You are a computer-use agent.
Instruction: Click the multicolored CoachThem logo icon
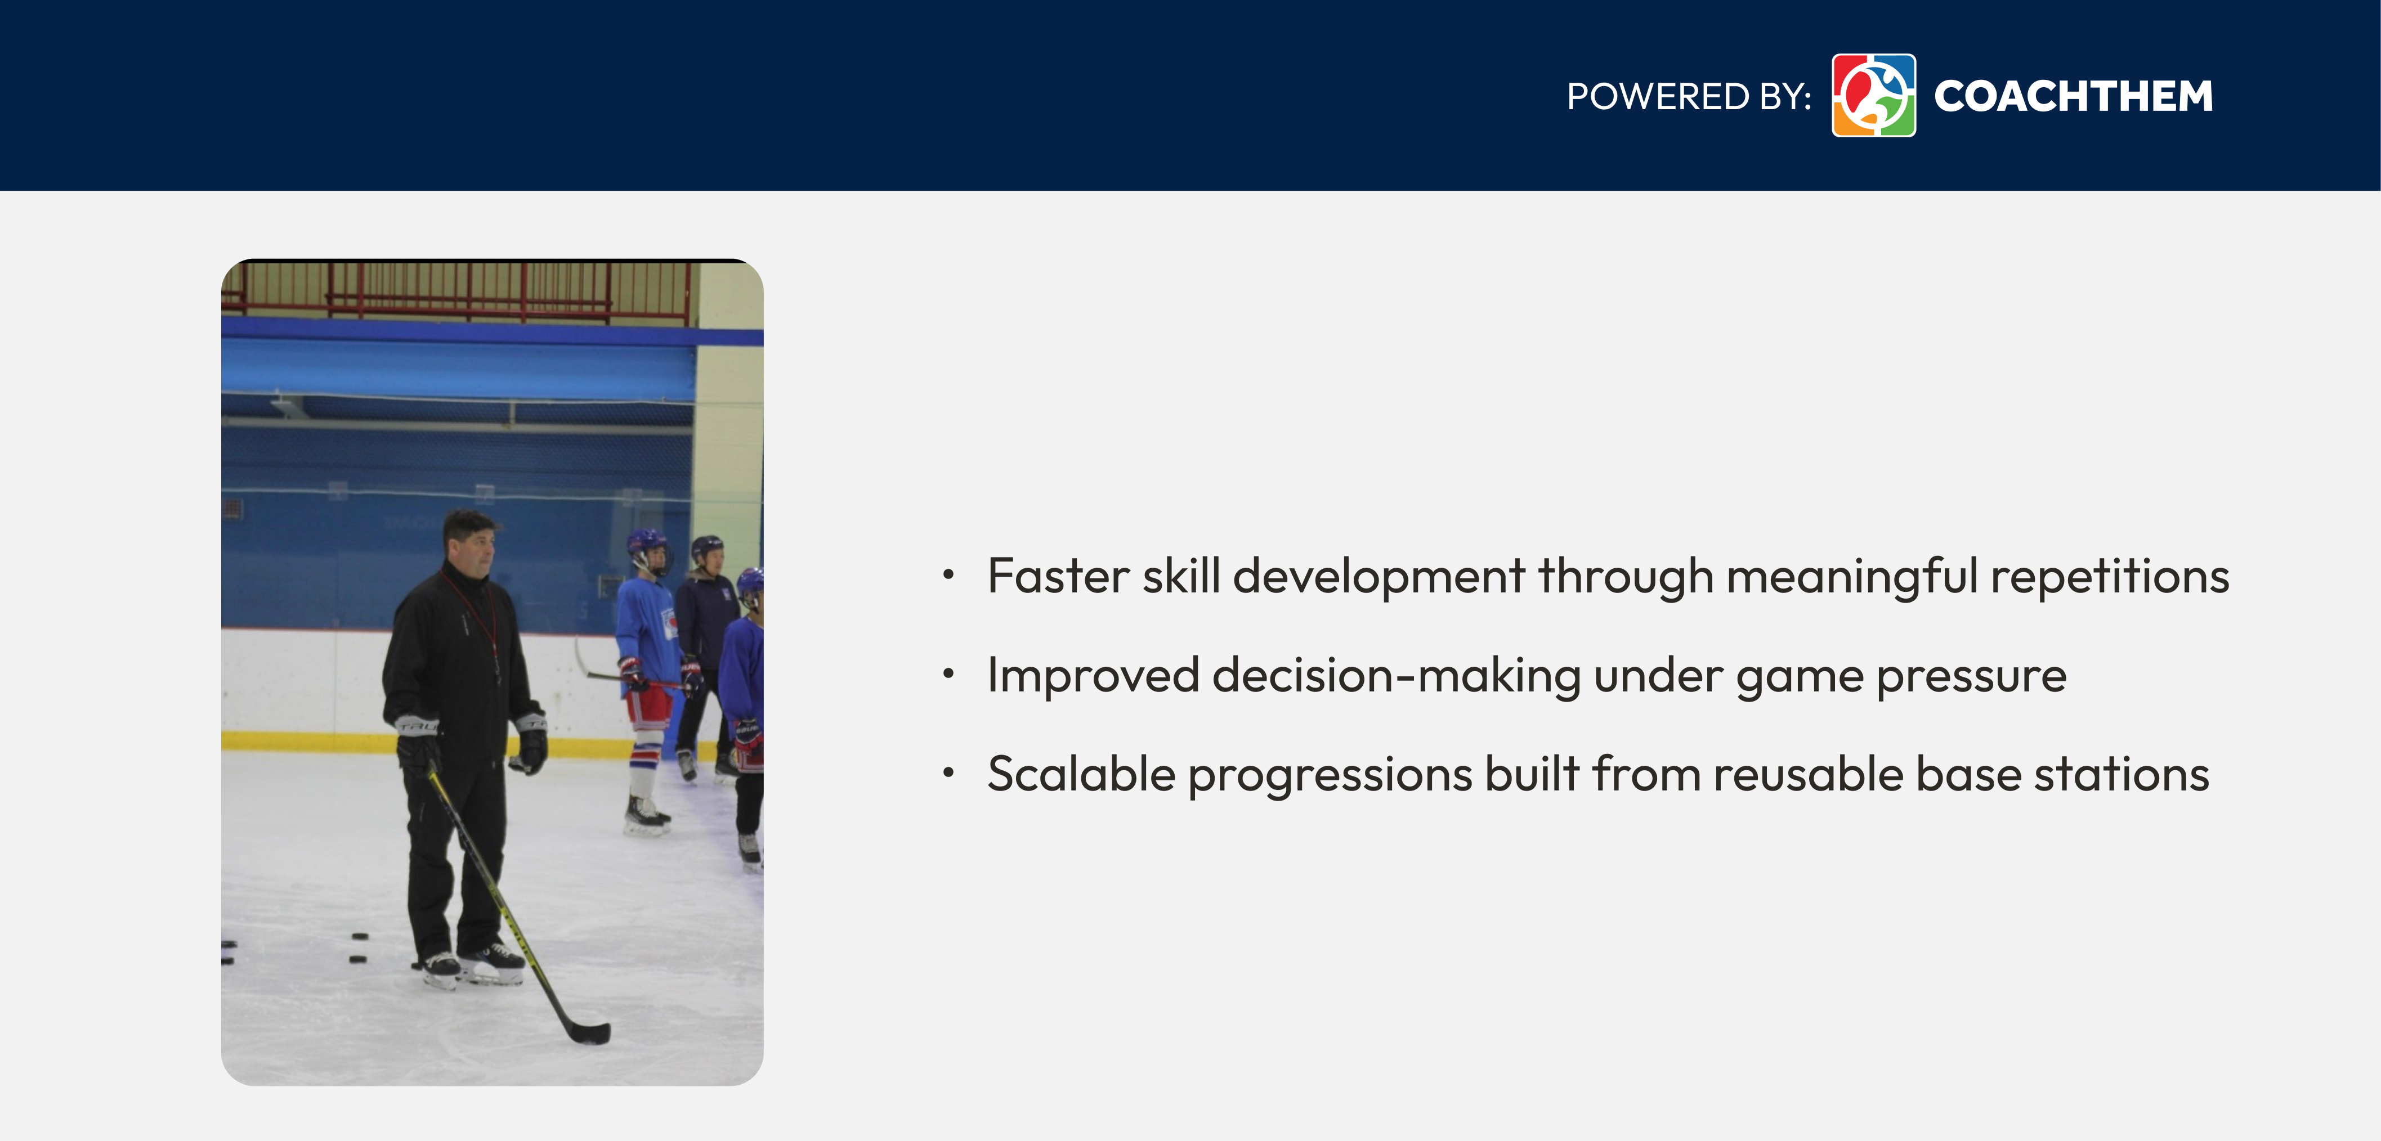click(1873, 95)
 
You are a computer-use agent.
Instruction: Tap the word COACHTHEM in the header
click(2073, 96)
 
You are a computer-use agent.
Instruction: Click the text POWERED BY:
click(1689, 96)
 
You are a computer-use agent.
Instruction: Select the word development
click(1378, 577)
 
